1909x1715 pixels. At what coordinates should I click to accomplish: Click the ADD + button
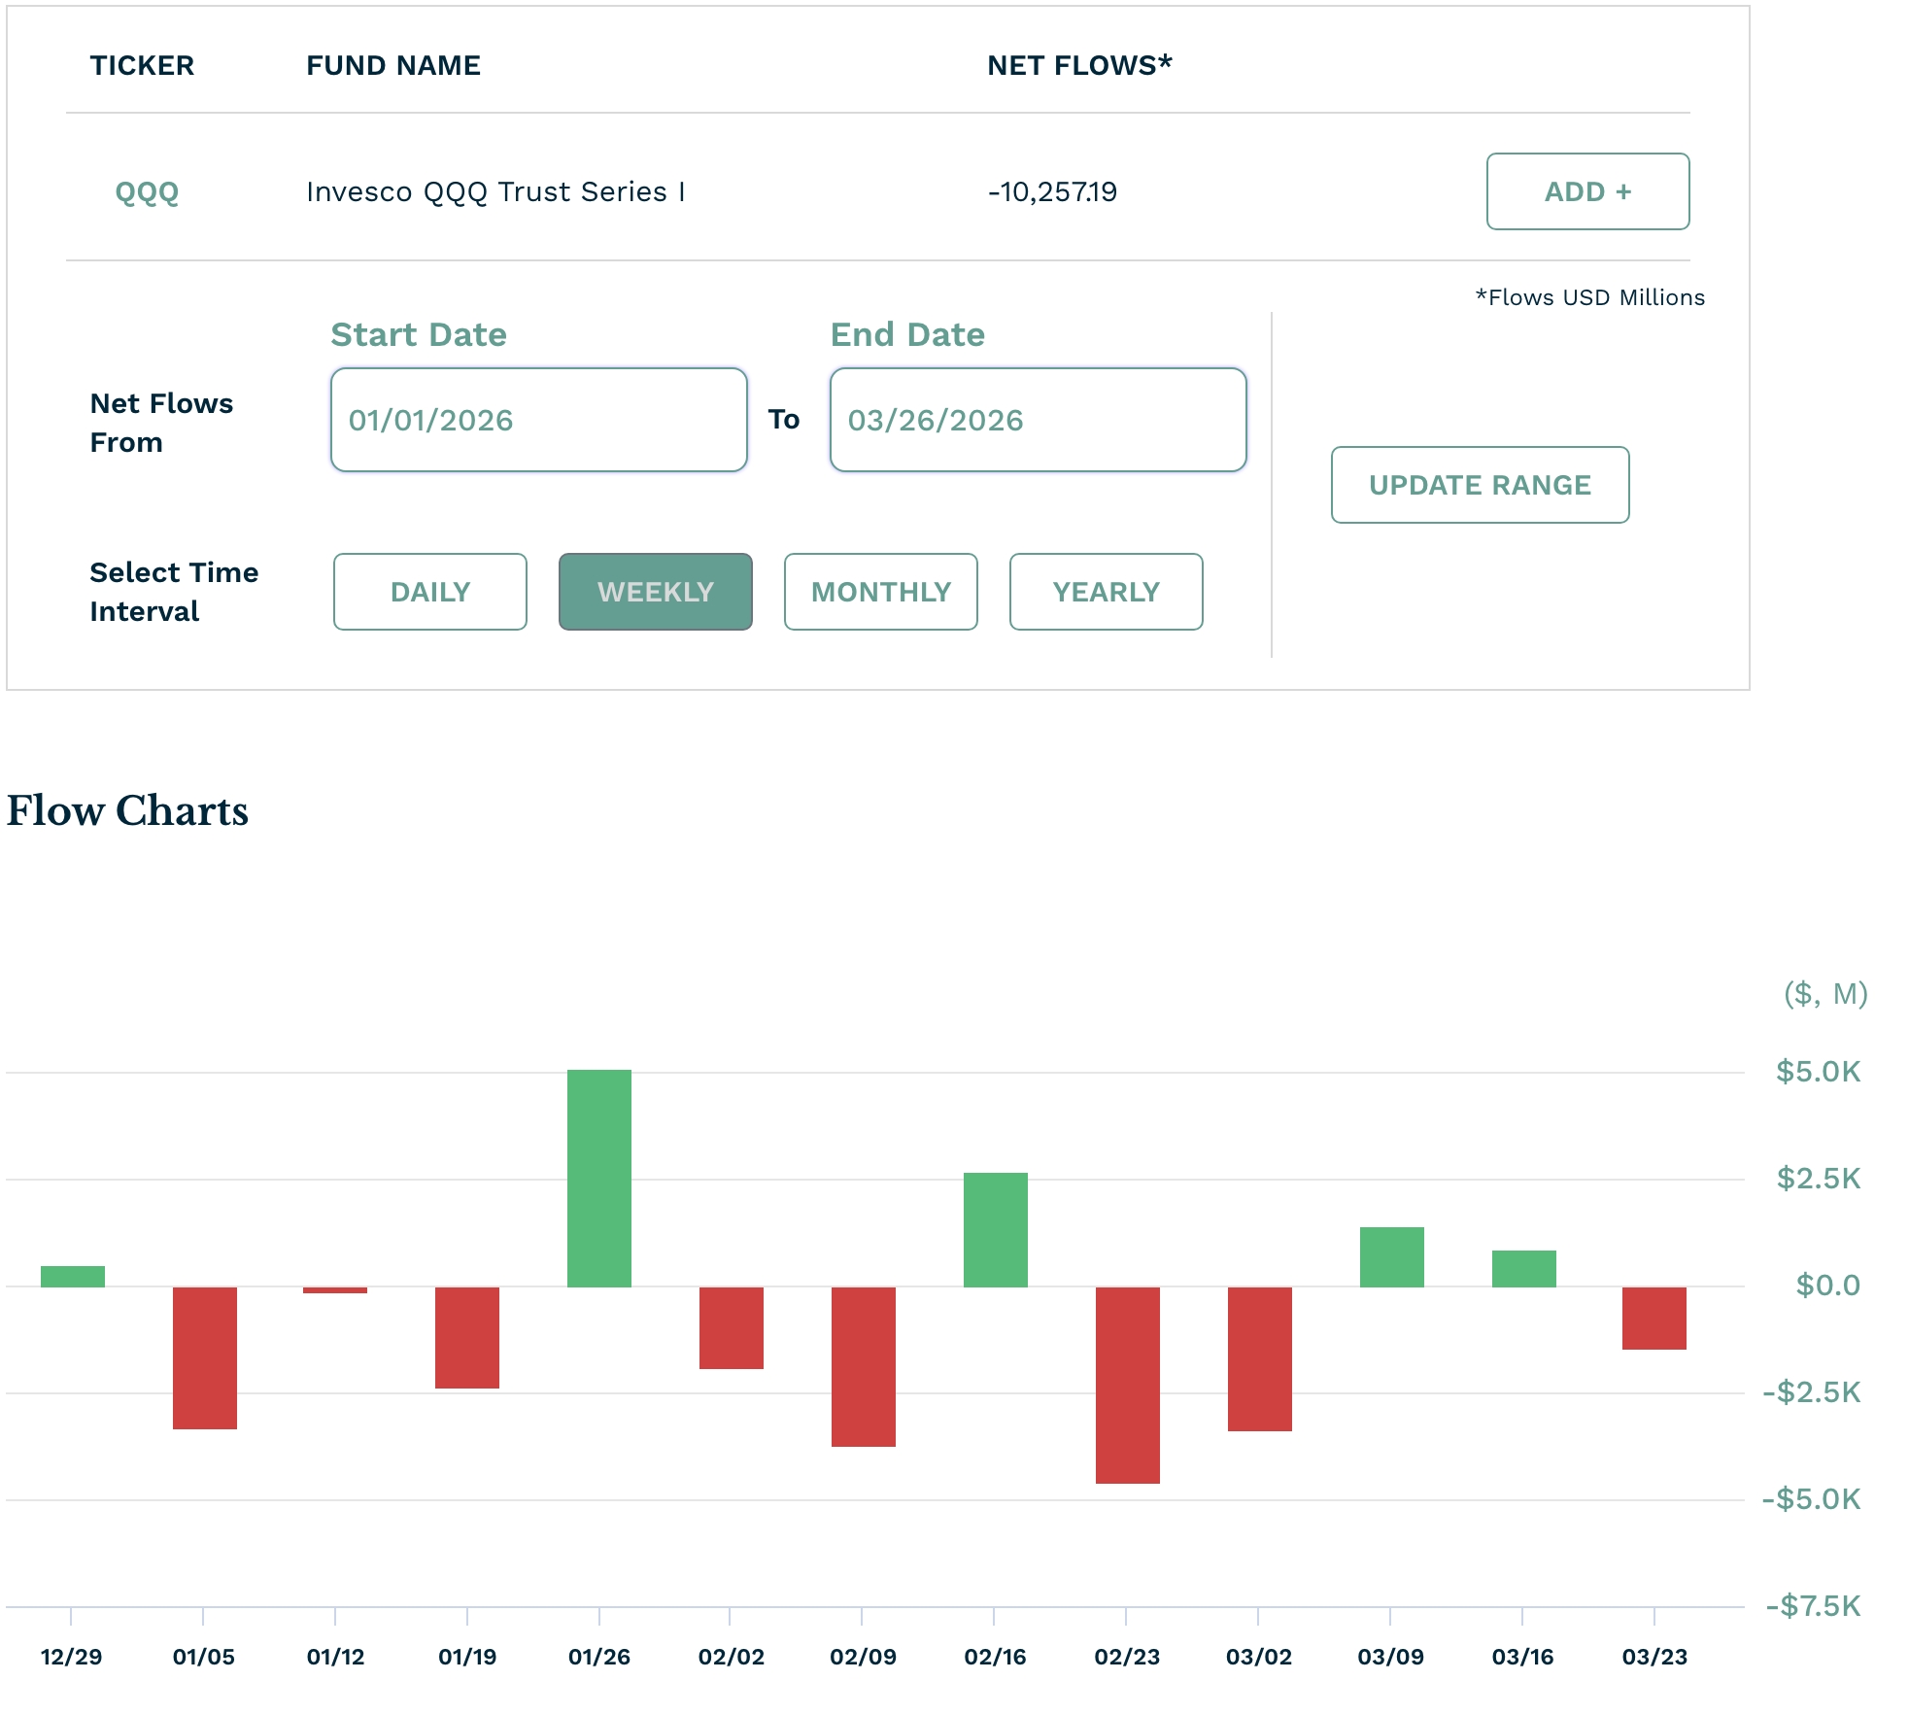click(1587, 191)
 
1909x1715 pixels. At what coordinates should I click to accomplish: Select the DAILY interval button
click(429, 592)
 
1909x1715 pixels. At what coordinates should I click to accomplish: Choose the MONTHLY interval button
click(880, 592)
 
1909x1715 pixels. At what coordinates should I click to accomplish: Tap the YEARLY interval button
click(1106, 592)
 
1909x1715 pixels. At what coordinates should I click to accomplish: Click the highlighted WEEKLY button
click(655, 592)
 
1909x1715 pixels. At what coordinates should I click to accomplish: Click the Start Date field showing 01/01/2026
click(538, 420)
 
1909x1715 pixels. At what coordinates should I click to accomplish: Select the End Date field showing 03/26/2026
click(1038, 420)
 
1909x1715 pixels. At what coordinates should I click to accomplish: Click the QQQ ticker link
click(147, 191)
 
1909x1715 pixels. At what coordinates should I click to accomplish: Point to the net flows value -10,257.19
click(1052, 191)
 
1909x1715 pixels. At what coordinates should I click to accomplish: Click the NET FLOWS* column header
click(1079, 65)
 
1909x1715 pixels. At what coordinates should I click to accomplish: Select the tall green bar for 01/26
click(598, 1178)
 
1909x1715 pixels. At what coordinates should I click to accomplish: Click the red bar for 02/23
click(1127, 1385)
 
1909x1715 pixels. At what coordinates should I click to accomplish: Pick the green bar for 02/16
click(995, 1229)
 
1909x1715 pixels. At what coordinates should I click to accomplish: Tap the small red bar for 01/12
click(335, 1290)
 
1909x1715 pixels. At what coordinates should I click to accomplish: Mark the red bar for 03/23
click(1653, 1318)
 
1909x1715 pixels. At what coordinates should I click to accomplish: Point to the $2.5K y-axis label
click(1818, 1179)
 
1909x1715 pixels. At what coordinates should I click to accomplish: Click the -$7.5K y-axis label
click(1813, 1605)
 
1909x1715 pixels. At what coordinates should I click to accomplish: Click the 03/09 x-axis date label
click(1390, 1657)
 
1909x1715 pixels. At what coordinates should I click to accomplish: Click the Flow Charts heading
click(127, 810)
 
